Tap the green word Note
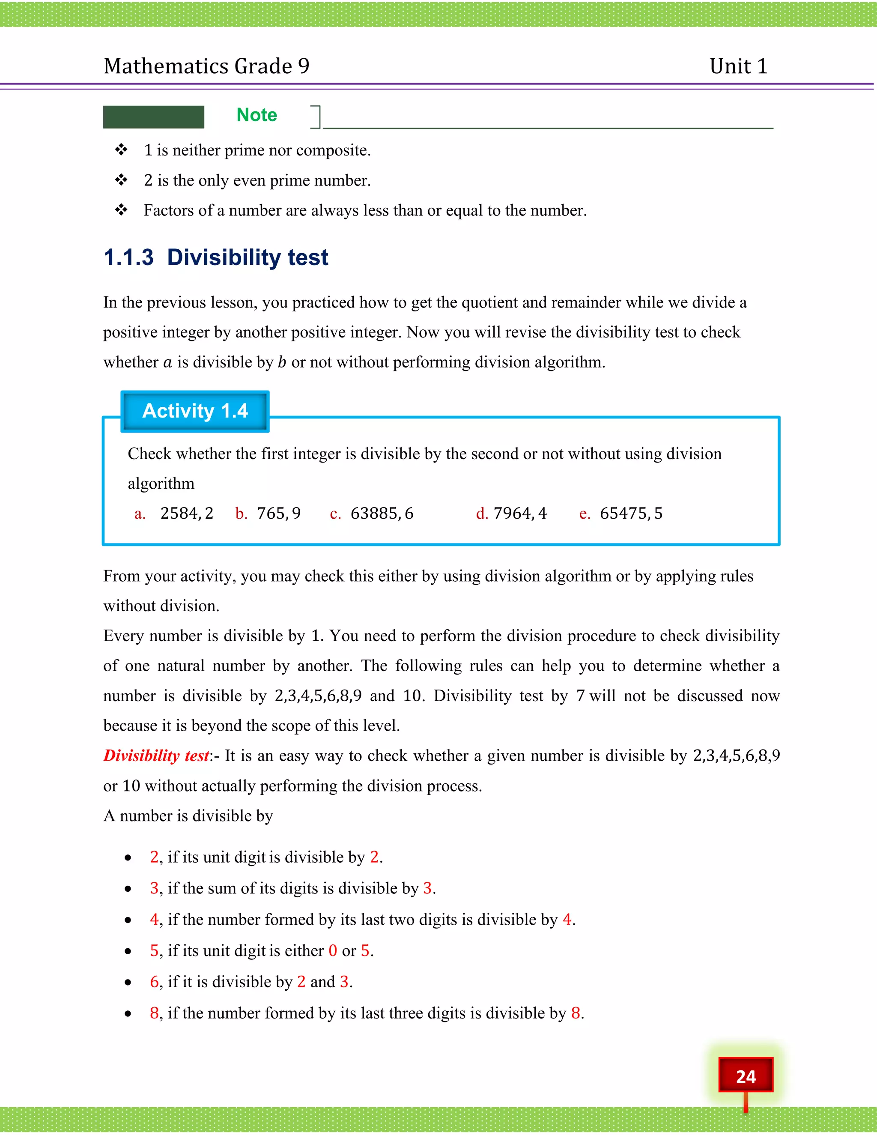257,115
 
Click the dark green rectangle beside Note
153,117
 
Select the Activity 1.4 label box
195,411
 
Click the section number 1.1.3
128,258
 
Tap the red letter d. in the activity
482,514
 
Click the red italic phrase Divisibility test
156,756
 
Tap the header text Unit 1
738,66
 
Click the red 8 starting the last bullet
154,1013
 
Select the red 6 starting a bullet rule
154,982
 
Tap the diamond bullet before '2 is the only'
122,180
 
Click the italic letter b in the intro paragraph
282,362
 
